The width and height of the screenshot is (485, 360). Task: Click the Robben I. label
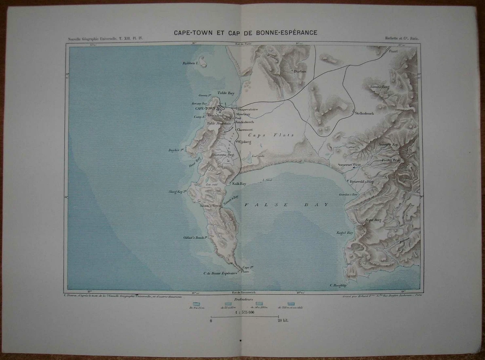(x=190, y=64)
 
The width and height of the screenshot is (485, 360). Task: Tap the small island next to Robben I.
(x=203, y=62)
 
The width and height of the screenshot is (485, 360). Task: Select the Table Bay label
(x=226, y=93)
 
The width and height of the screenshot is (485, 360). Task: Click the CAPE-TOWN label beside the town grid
(x=205, y=109)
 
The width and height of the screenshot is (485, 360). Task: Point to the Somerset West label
(x=350, y=165)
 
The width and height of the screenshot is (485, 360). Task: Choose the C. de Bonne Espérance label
(x=219, y=273)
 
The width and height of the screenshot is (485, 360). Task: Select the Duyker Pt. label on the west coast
(x=177, y=150)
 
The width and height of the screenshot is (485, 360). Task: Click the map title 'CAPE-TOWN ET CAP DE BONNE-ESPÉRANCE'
(x=245, y=32)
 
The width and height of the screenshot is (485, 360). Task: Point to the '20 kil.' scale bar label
(x=282, y=320)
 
